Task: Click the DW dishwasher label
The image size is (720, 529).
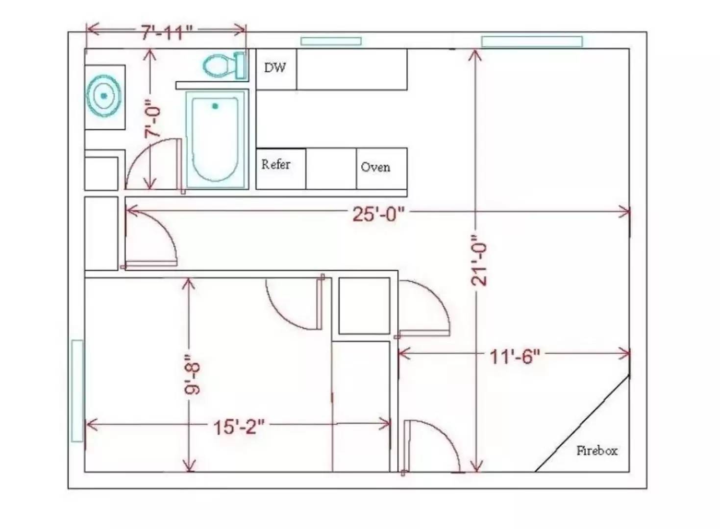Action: pos(275,68)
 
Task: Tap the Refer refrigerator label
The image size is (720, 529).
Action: pos(276,165)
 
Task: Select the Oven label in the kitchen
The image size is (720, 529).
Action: pos(375,167)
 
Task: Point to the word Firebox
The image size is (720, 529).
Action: pos(597,451)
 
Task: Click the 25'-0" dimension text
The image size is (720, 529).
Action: pos(378,214)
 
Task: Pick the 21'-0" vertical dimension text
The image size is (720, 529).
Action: pos(479,260)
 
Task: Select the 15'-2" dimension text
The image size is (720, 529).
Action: pos(239,427)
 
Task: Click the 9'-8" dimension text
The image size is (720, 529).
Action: pos(192,375)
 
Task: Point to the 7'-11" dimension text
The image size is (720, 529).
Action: pos(167,32)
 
